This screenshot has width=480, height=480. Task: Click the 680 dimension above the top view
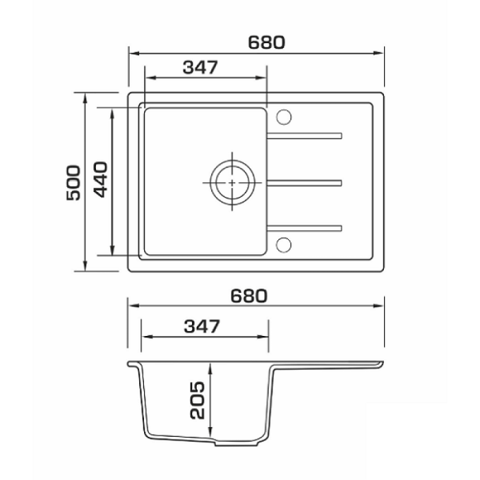pyautogui.click(x=266, y=43)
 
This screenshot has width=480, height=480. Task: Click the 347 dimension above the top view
pyautogui.click(x=200, y=67)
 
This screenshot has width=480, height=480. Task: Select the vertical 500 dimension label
pyautogui.click(x=73, y=183)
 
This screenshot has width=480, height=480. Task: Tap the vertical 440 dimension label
pyautogui.click(x=100, y=180)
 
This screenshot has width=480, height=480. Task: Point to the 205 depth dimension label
pyautogui.click(x=197, y=400)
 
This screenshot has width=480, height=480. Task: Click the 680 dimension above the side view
pyautogui.click(x=249, y=296)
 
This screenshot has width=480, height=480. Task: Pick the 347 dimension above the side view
pyautogui.click(x=202, y=326)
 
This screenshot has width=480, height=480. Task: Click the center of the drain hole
pyautogui.click(x=232, y=183)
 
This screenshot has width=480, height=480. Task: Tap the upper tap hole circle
pyautogui.click(x=284, y=117)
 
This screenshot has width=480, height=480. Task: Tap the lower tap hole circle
pyautogui.click(x=284, y=245)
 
